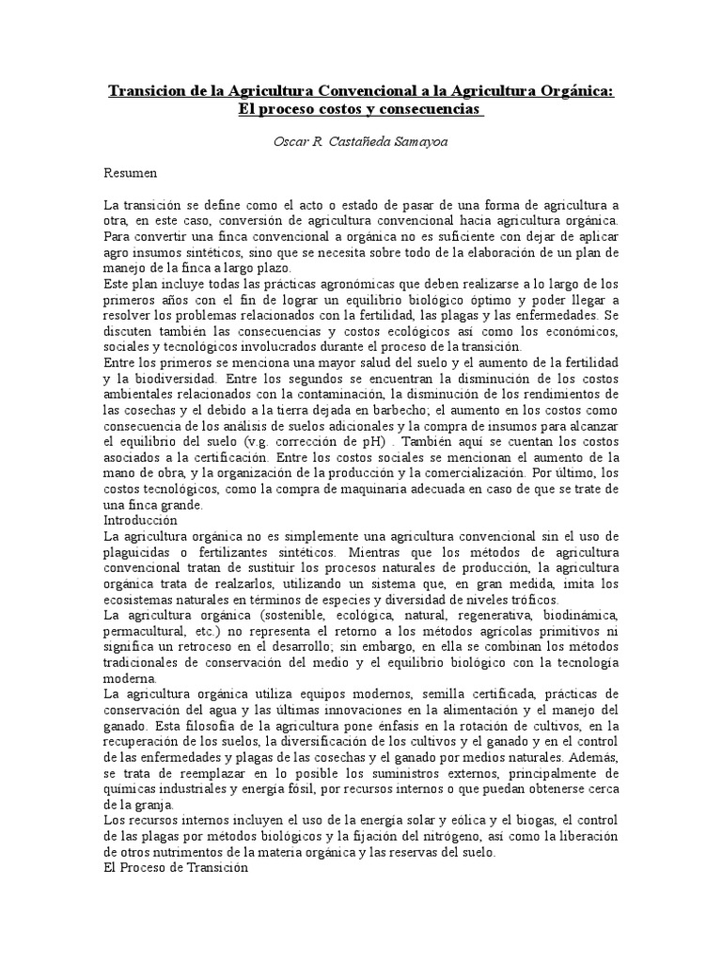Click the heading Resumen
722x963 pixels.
point(131,174)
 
